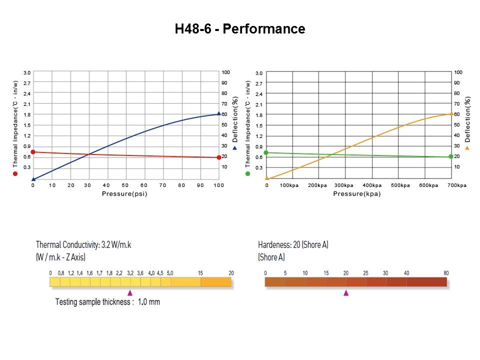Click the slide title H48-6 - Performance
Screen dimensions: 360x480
coord(240,29)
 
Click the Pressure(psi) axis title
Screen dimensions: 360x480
coord(124,193)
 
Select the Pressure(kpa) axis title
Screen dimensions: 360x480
coord(356,193)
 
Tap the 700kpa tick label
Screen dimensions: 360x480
coord(456,185)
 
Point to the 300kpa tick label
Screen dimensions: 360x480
coord(344,185)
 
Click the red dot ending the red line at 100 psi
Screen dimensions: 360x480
coord(218,157)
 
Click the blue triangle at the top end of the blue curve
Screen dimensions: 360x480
coord(218,113)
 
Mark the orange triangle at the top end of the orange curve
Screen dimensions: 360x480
coord(451,113)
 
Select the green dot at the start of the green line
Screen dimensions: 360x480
coord(266,152)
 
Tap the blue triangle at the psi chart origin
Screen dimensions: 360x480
coord(33,178)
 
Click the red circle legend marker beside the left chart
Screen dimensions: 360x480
coord(15,173)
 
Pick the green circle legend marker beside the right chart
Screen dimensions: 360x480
coord(247,173)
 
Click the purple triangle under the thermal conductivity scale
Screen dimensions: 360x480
coord(130,293)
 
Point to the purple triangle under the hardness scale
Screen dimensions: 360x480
coord(346,293)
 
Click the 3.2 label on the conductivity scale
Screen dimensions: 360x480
coord(130,273)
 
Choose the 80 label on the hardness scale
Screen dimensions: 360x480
coord(446,273)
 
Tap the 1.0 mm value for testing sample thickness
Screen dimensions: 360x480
coord(149,302)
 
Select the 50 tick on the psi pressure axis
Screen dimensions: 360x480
coord(125,185)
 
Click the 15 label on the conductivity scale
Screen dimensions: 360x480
coord(200,273)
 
